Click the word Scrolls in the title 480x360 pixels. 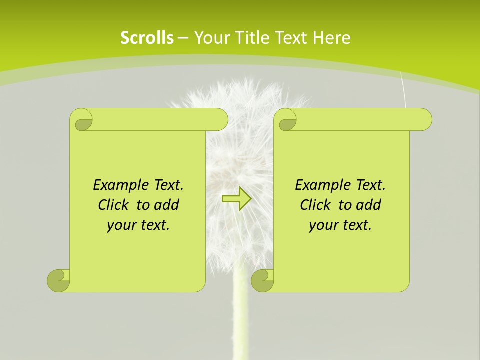pos(147,38)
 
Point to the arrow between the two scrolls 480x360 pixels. pos(236,199)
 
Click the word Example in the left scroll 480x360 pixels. pos(118,185)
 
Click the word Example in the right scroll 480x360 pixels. pos(320,185)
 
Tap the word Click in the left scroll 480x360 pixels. pos(115,205)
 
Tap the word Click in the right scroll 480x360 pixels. pos(317,205)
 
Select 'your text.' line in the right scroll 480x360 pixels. pos(340,225)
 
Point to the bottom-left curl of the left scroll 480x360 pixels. pos(58,280)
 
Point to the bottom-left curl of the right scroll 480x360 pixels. pos(262,280)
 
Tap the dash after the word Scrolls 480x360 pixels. pos(183,38)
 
